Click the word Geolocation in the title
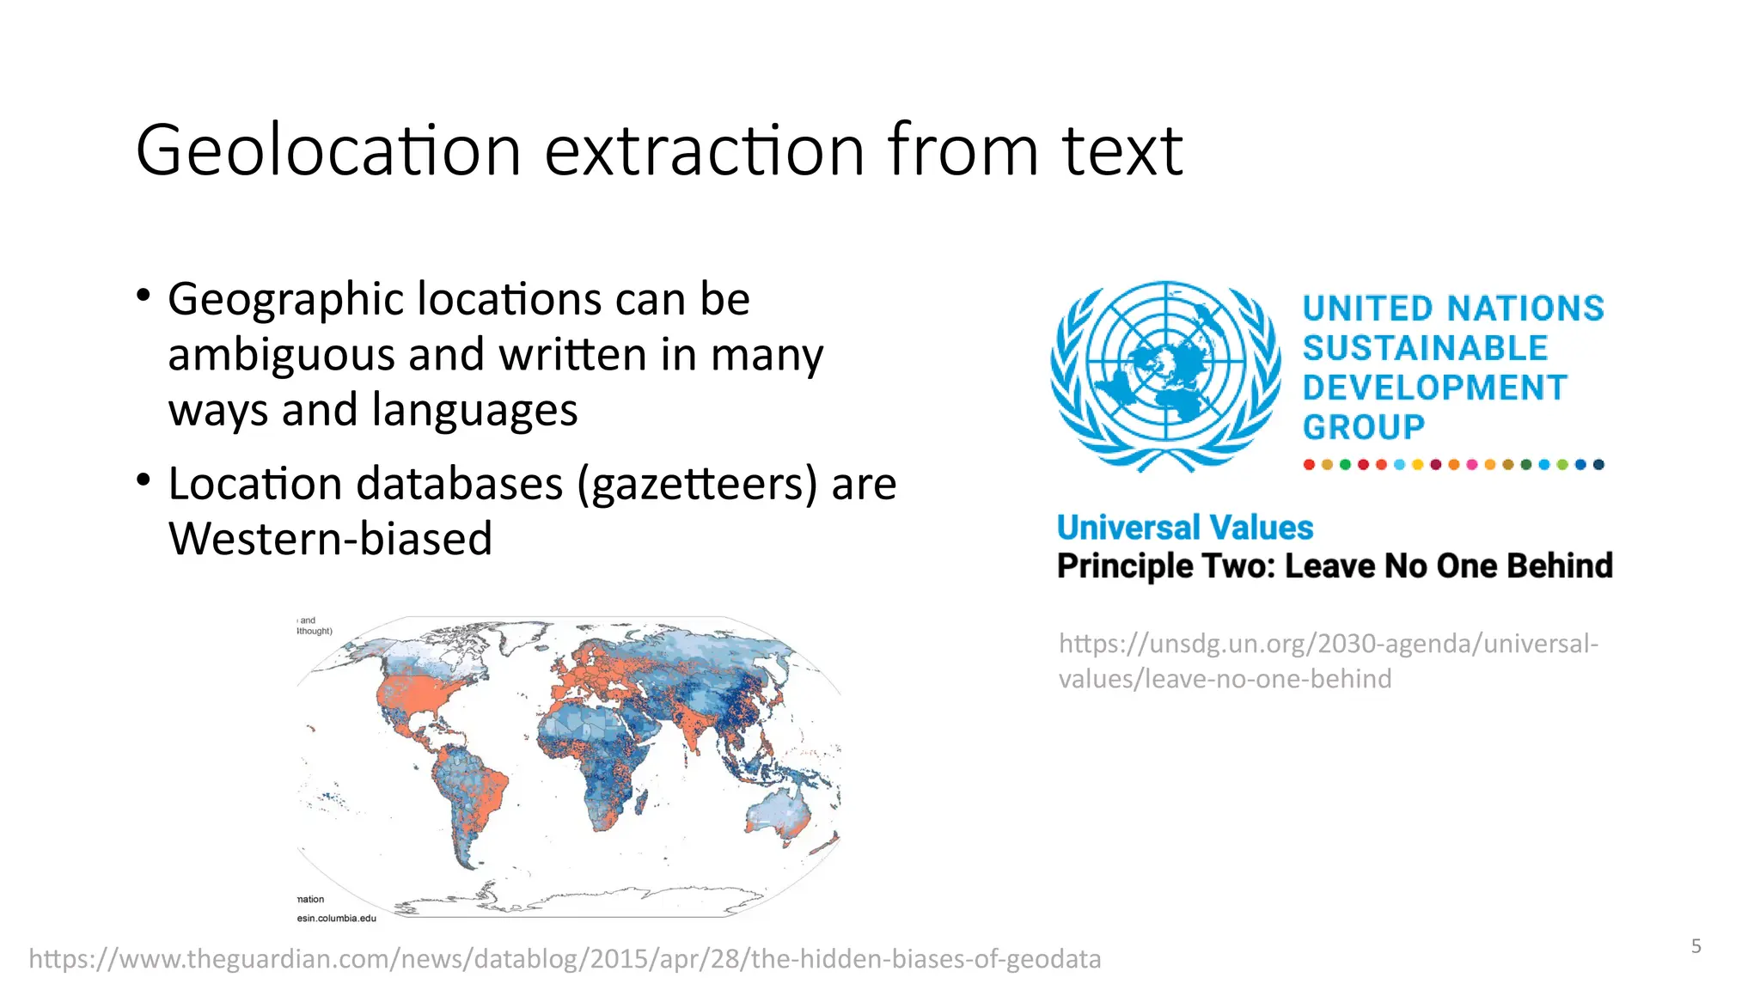click(x=328, y=151)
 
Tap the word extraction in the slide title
click(x=704, y=151)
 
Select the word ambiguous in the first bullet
click(x=280, y=355)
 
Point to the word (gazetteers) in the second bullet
click(x=697, y=484)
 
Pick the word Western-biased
click(x=330, y=540)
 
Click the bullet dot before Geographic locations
click(x=144, y=296)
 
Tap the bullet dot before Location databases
click(x=144, y=480)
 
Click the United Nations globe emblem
click(x=1164, y=376)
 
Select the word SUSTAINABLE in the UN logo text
click(x=1425, y=348)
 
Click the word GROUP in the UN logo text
click(x=1363, y=427)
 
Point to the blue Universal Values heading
click(x=1185, y=528)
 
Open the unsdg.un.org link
click(x=1328, y=661)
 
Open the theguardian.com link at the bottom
click(x=565, y=959)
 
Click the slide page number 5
click(x=1696, y=946)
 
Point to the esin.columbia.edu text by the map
click(x=337, y=918)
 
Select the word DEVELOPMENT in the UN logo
click(x=1434, y=388)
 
